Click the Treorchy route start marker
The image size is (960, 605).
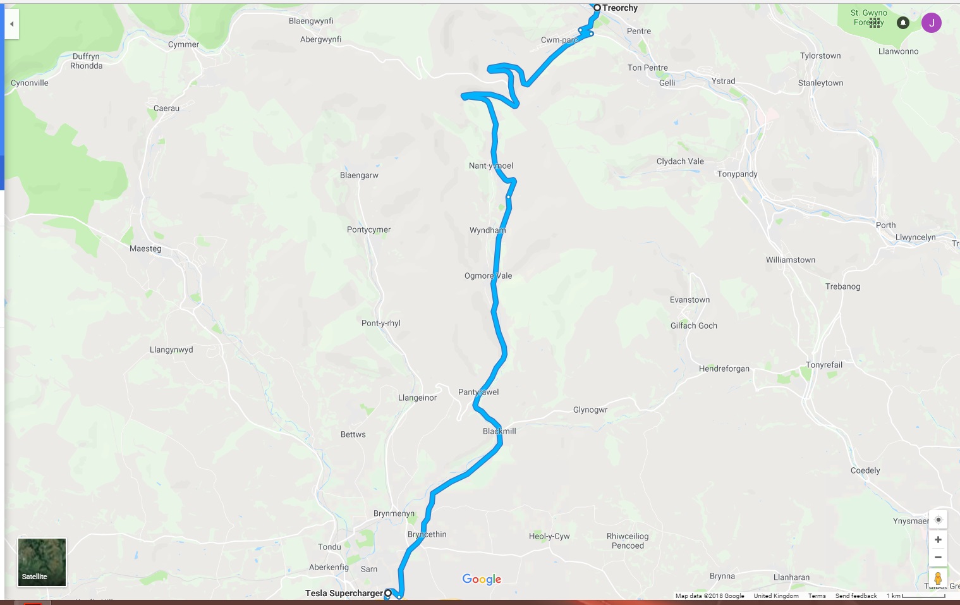(x=597, y=8)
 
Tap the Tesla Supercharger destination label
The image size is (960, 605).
(x=344, y=593)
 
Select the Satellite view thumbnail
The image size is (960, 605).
(x=42, y=562)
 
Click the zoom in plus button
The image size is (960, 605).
(x=938, y=539)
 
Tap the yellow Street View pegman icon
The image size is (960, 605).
(x=938, y=578)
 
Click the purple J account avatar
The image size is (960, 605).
(x=931, y=23)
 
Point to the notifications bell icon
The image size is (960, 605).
(x=903, y=23)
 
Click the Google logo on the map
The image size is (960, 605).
(x=482, y=579)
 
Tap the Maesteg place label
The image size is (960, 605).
(x=145, y=248)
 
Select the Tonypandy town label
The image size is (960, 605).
(x=737, y=174)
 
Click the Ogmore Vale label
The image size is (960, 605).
(x=488, y=276)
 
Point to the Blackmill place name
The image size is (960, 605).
(x=499, y=431)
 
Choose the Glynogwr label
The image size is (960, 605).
(x=590, y=410)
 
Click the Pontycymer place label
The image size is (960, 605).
(x=368, y=229)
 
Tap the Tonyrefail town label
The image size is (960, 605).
(x=823, y=365)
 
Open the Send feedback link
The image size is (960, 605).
(x=856, y=596)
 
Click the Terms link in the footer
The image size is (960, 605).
(x=817, y=596)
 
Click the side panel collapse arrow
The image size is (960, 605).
(x=11, y=24)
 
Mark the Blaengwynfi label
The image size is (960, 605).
(x=311, y=21)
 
